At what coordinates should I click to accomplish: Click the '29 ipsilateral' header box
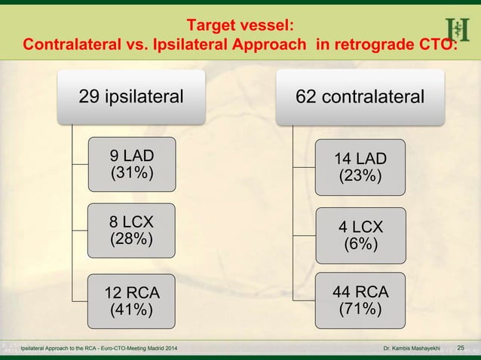132,96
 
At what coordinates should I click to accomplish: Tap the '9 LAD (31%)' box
131,164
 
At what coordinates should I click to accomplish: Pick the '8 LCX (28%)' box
131,231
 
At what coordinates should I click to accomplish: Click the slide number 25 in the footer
461,347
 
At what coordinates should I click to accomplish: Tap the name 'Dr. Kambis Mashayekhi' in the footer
416,348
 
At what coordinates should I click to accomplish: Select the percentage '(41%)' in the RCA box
131,309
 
